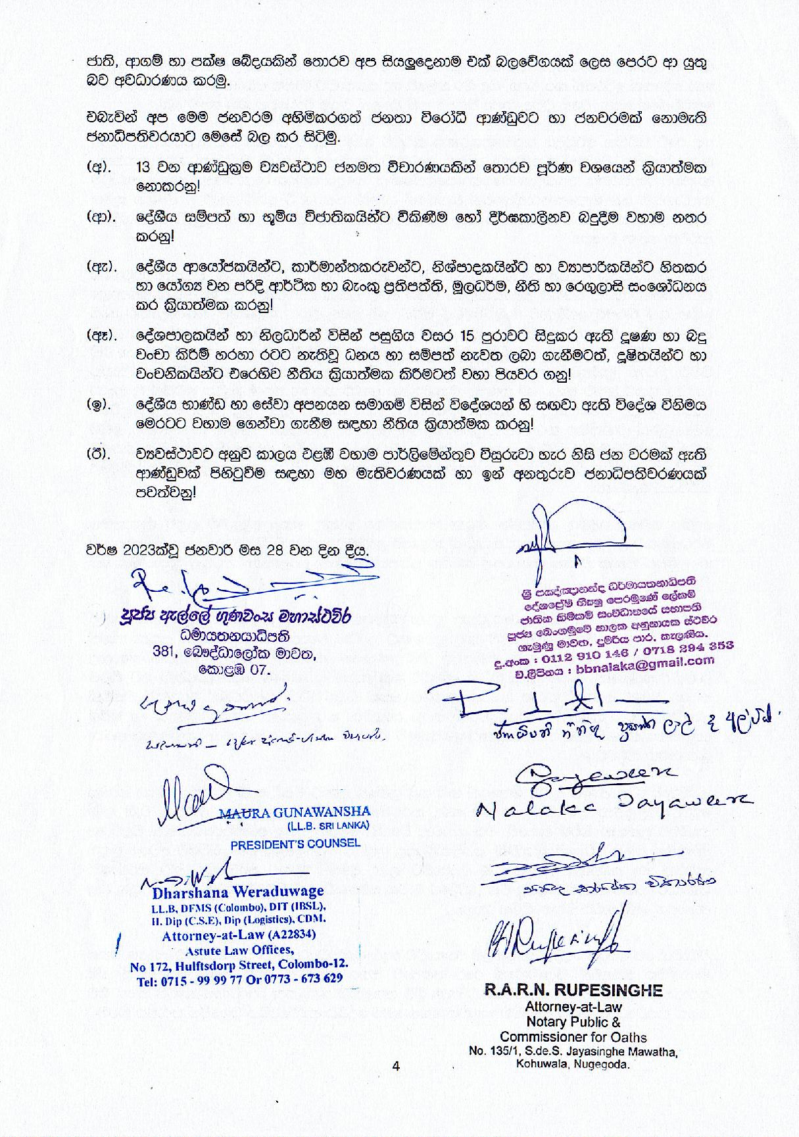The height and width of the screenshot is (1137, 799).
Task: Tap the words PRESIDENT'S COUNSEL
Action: point(295,842)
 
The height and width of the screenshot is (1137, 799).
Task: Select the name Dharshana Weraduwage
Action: point(238,892)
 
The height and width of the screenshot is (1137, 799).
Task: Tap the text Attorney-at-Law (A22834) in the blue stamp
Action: point(239,934)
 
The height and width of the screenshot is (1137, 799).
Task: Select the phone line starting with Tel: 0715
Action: point(237,978)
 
